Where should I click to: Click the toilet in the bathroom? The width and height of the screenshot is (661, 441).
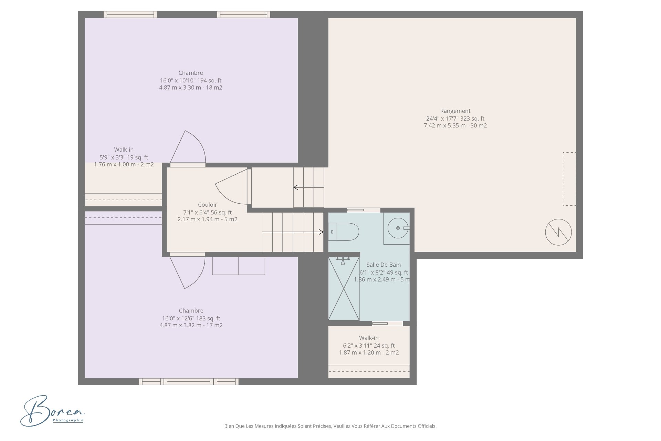coord(344,232)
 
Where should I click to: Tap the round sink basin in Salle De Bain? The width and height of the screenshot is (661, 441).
coord(398,228)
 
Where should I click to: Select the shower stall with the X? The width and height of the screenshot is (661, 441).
coord(344,288)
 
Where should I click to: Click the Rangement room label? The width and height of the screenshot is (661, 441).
coord(455,111)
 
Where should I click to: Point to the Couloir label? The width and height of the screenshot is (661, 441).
coord(207,205)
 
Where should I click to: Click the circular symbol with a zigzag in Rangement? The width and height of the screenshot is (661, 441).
coord(558,232)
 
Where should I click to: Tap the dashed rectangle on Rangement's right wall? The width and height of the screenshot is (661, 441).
coord(569,179)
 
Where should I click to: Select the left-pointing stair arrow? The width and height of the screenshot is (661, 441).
coord(308,187)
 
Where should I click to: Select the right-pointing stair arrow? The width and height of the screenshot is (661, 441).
coord(293,232)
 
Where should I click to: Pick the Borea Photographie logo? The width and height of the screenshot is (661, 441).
coord(52,411)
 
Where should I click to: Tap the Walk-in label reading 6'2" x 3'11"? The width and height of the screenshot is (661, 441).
coord(369,345)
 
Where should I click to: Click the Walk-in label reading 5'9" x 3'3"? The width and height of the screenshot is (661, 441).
coord(124,157)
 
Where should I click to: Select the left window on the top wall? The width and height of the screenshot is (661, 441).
coord(130,14)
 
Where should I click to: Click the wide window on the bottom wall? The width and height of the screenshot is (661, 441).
coord(189,381)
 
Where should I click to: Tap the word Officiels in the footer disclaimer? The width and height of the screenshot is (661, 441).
coord(427,426)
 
